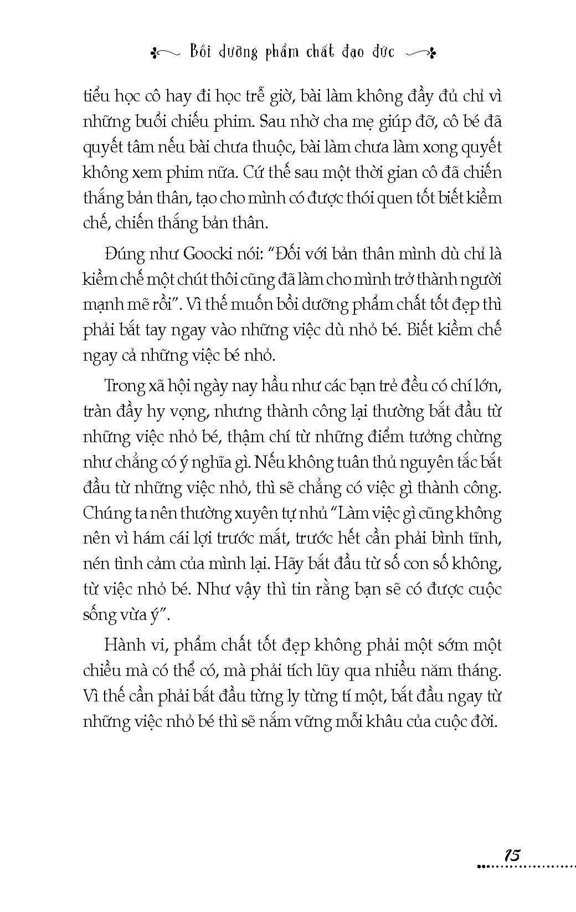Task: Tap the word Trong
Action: [124, 386]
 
